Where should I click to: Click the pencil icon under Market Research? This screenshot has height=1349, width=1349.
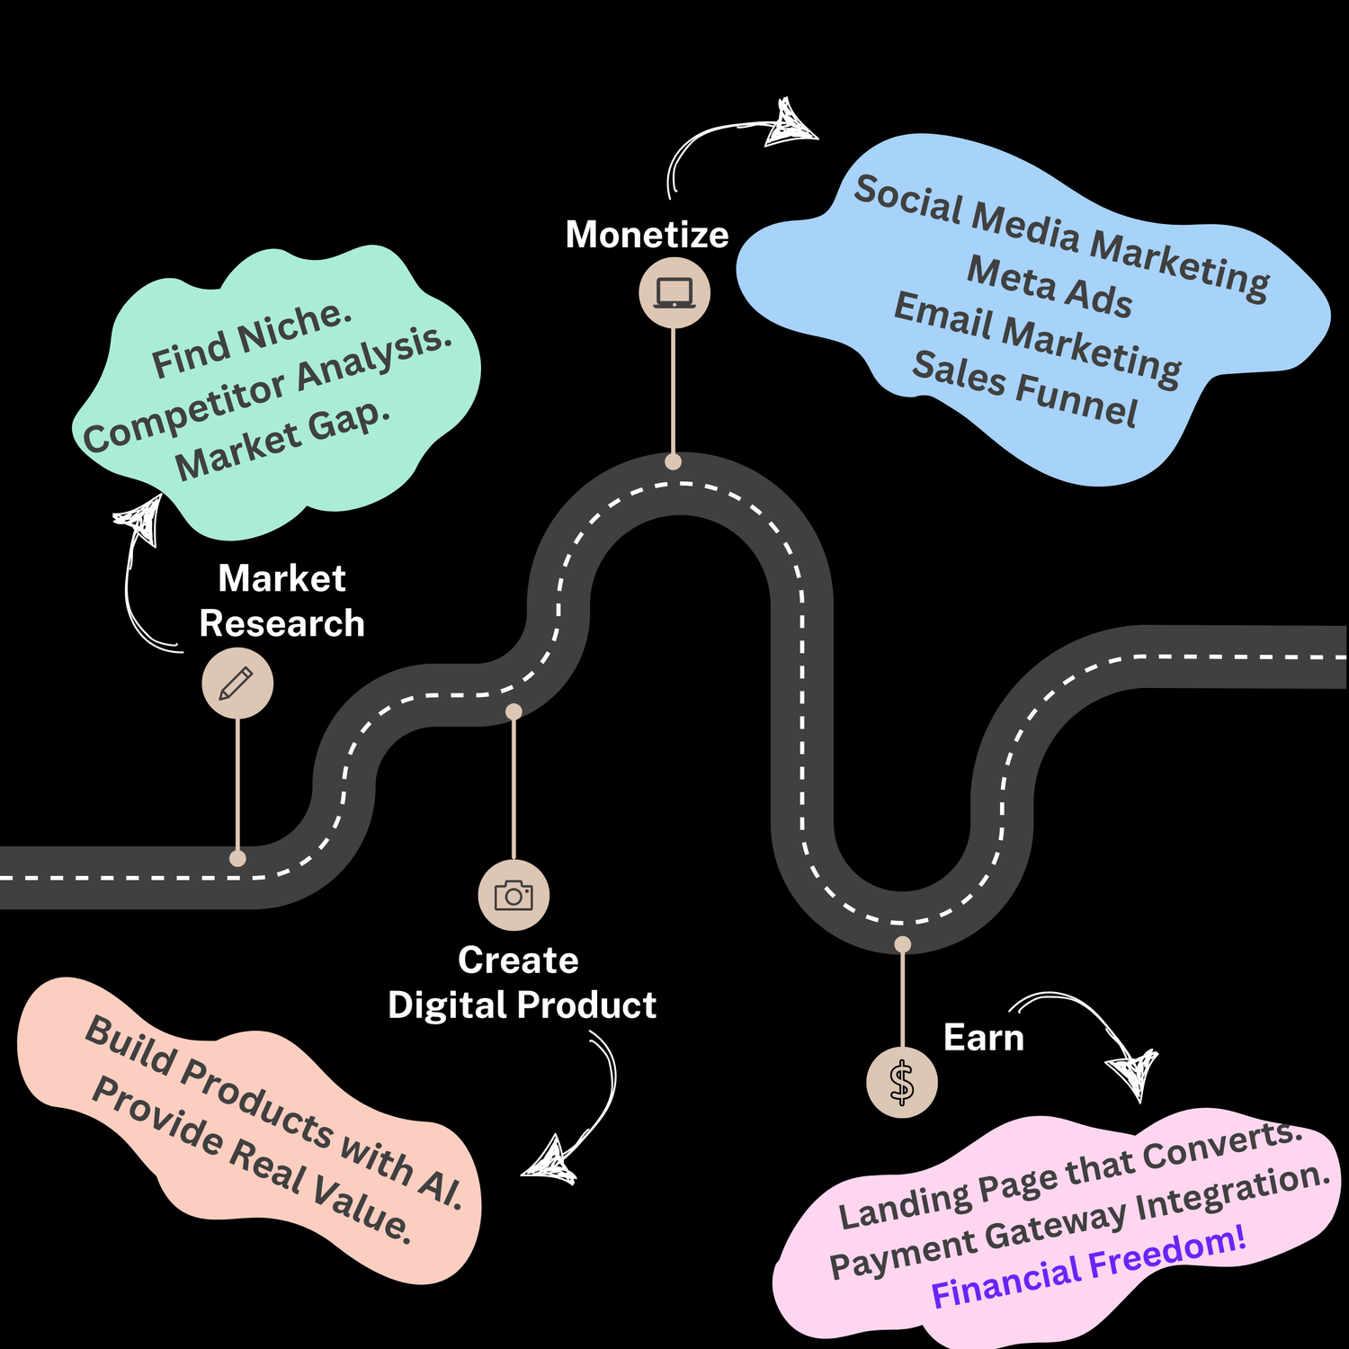[237, 683]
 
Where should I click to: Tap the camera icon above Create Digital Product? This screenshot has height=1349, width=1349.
[514, 896]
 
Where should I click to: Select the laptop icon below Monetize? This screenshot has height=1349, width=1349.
[674, 293]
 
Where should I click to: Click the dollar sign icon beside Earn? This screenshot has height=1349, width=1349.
[902, 1083]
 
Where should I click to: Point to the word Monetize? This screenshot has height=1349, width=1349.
[647, 235]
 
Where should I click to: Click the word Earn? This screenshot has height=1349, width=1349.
[983, 1038]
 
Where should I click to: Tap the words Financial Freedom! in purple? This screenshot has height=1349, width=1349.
[1088, 1267]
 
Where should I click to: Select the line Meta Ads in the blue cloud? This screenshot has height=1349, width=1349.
[1049, 287]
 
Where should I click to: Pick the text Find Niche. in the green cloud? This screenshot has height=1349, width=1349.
[252, 341]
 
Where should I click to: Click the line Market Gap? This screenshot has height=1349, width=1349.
[283, 440]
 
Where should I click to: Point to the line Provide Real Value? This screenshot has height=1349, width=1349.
[253, 1160]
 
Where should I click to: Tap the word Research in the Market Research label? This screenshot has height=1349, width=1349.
[281, 623]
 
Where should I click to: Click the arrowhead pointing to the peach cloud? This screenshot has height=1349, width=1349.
[550, 1161]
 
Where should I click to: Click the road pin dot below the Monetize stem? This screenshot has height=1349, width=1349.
[673, 462]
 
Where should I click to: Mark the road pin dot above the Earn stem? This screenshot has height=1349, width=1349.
[902, 943]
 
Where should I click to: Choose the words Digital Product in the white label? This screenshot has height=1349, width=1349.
[522, 1005]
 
